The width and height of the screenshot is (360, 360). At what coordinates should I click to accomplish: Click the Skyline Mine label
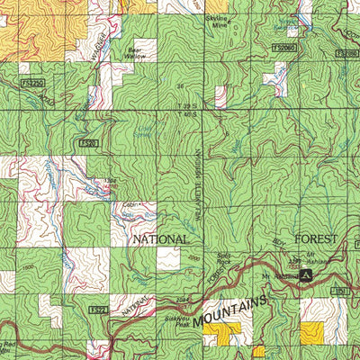(242, 21)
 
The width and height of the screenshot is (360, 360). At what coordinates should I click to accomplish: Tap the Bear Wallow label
(134, 54)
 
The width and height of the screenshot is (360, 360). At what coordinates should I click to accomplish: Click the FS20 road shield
(87, 142)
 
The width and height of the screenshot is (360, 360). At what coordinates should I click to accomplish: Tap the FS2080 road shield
(346, 53)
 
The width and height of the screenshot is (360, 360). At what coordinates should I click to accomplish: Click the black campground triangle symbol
(307, 274)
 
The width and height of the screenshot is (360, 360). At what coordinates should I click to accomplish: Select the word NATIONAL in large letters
(160, 239)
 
